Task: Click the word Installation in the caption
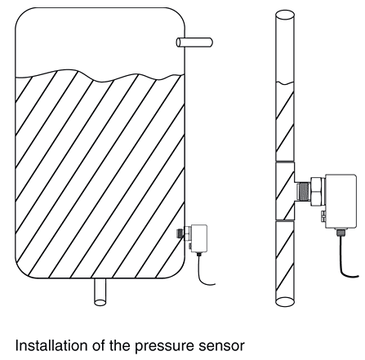tap(51, 345)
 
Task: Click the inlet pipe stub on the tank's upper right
tap(194, 42)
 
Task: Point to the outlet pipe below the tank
tap(100, 292)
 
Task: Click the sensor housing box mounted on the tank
tap(198, 238)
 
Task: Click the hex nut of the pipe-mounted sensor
tap(318, 191)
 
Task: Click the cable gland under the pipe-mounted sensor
tap(341, 233)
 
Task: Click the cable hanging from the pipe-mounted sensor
tap(345, 261)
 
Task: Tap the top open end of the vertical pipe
tap(285, 15)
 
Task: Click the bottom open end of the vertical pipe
tap(285, 301)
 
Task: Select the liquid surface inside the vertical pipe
tap(285, 82)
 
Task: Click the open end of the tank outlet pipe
tap(100, 302)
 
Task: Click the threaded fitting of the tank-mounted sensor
tap(180, 233)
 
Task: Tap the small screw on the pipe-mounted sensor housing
tap(323, 216)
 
